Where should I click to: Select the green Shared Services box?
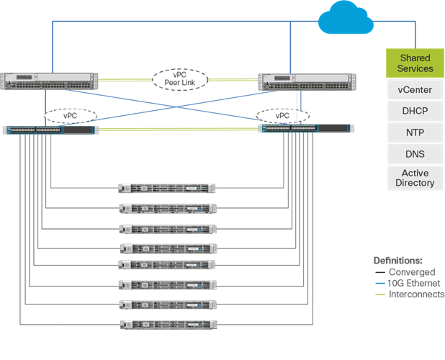(x=415, y=63)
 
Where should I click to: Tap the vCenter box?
(x=415, y=91)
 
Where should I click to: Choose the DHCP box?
(x=415, y=112)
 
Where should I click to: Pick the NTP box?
(x=415, y=133)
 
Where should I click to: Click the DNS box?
(x=415, y=154)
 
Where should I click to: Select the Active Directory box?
(x=415, y=178)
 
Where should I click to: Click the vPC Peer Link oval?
(x=179, y=79)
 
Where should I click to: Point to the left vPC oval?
(x=70, y=115)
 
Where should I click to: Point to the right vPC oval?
(x=282, y=115)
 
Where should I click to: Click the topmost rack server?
(x=167, y=189)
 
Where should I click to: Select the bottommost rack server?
(x=167, y=325)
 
